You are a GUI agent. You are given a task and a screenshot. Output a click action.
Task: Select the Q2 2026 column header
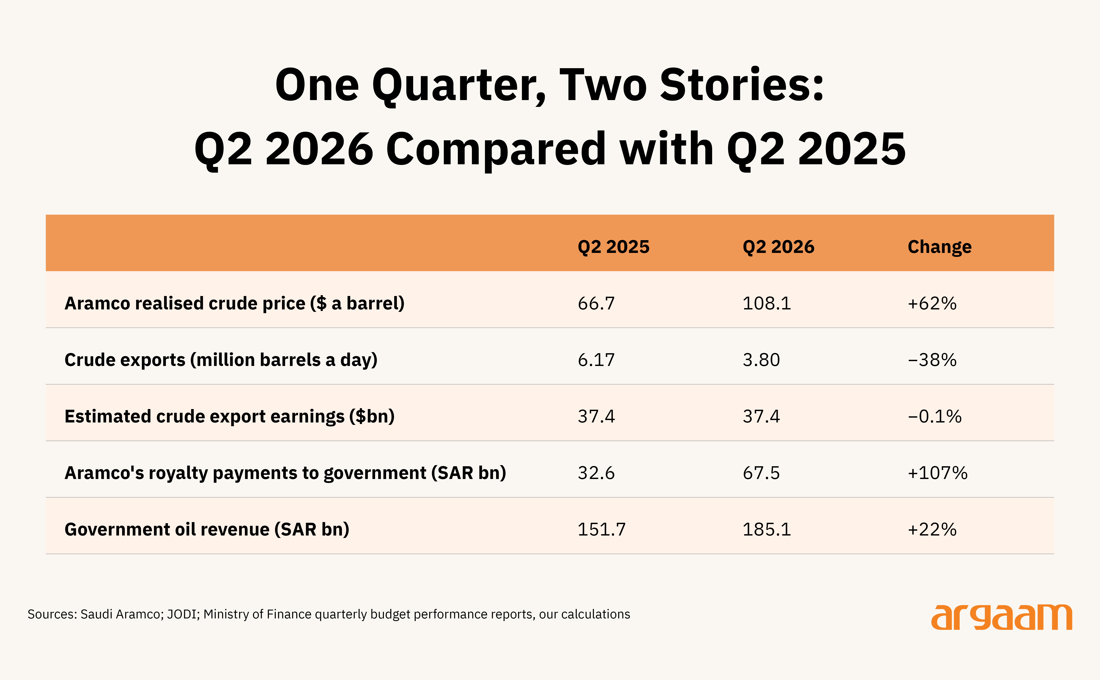click(x=778, y=247)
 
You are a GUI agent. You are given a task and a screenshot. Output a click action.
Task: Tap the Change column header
click(x=939, y=247)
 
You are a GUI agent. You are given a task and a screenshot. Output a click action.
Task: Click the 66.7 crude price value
click(x=596, y=303)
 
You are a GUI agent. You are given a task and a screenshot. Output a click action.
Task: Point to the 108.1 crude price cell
click(x=767, y=303)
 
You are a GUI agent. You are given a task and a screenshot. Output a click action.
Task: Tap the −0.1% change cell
click(x=934, y=417)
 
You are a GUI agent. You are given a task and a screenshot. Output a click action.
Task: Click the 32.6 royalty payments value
click(x=596, y=473)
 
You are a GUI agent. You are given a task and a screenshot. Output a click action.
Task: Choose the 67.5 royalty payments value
click(x=761, y=473)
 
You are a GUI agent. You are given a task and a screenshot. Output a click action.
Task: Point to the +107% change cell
click(x=938, y=473)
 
